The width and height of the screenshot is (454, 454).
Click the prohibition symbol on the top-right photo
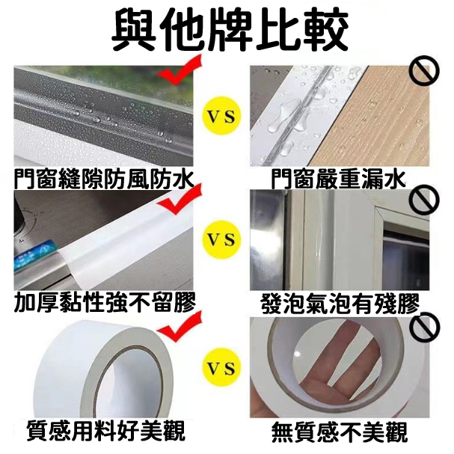pos(423,71)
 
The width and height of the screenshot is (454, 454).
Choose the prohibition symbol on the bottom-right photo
pos(423,326)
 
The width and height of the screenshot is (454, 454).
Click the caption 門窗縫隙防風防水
pos(104,179)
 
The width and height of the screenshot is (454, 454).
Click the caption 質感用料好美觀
pos(105,431)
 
